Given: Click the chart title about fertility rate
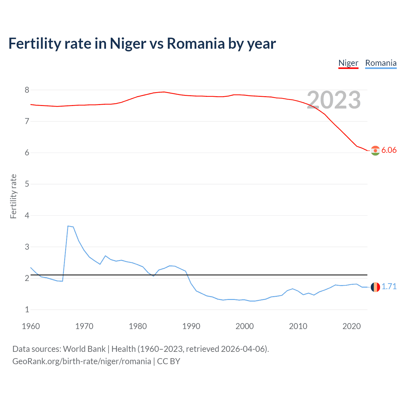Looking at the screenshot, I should (x=142, y=43).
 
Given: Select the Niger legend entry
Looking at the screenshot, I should (x=348, y=63).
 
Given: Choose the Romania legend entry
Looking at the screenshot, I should (x=381, y=63).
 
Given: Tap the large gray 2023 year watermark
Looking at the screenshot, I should (x=334, y=100).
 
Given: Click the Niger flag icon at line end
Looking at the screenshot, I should (x=375, y=151).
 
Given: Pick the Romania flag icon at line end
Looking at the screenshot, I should (x=375, y=287).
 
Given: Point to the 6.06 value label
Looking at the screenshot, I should (x=389, y=150).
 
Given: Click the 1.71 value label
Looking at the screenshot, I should (x=389, y=286).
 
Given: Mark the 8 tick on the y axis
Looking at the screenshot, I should (x=27, y=90).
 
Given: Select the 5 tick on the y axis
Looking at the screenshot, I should (x=27, y=184).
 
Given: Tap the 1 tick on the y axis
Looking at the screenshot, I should (x=27, y=310).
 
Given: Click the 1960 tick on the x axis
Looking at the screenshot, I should (x=31, y=326).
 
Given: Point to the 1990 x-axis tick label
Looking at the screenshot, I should (x=191, y=326).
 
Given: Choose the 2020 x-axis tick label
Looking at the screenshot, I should (x=352, y=326).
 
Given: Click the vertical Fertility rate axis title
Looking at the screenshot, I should (x=13, y=196).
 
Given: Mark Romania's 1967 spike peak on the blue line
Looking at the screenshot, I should (x=68, y=226).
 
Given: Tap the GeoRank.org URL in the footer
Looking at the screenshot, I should (x=82, y=361).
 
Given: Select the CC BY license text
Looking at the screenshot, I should (x=169, y=361).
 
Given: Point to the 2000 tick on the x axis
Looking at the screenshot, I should (x=245, y=326).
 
